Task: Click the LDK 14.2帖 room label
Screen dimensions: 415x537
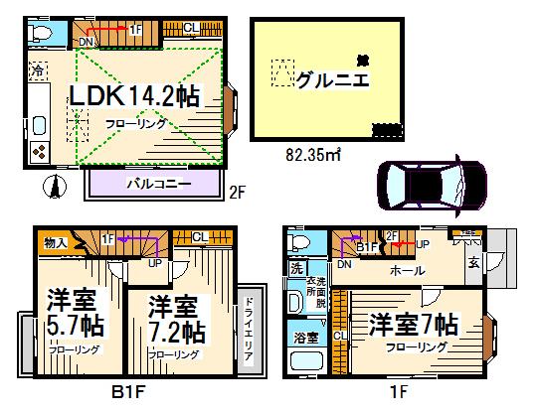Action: [132, 95]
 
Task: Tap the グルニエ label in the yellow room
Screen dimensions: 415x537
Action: [331, 80]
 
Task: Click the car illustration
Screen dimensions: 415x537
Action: [430, 183]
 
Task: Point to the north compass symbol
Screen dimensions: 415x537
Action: [57, 184]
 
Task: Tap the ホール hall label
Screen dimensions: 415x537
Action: [406, 270]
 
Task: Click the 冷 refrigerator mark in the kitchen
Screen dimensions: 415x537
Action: [37, 71]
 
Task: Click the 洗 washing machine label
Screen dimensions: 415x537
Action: [296, 268]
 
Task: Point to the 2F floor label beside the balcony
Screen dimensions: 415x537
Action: [237, 191]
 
